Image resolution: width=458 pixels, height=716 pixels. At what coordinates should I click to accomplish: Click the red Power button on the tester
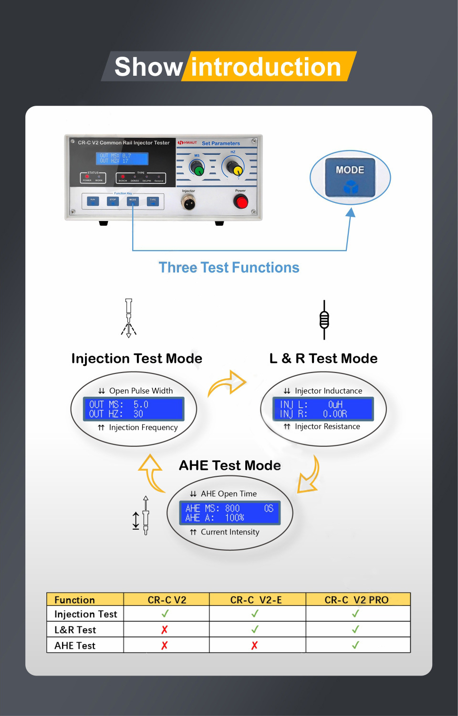[241, 202]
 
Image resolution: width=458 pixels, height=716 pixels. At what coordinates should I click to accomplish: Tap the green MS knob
[197, 168]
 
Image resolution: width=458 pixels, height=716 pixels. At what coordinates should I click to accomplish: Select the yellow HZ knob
[234, 168]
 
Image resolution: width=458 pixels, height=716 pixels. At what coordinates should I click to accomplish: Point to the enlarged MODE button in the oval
[350, 178]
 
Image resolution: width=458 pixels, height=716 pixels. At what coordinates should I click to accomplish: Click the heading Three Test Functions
[229, 268]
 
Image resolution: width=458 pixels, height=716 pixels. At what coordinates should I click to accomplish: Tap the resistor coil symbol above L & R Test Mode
[324, 320]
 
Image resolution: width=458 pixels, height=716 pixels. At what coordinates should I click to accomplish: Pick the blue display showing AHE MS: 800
[229, 513]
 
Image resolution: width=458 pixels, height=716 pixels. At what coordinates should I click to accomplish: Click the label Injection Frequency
[143, 428]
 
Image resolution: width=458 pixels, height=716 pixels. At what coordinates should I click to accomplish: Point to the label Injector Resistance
[327, 427]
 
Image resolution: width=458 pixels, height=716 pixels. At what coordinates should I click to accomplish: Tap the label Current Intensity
[230, 532]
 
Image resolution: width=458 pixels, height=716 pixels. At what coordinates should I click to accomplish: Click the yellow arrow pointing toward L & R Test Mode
[228, 383]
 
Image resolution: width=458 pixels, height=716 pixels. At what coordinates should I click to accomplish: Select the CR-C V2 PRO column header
[357, 600]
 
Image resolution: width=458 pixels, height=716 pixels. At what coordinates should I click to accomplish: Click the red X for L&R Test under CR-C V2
[165, 630]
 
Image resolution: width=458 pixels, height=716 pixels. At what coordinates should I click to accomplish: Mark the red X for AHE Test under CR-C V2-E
[255, 645]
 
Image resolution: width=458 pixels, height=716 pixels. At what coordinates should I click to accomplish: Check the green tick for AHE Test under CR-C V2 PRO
[355, 645]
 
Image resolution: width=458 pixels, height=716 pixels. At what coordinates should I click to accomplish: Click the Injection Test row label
[86, 614]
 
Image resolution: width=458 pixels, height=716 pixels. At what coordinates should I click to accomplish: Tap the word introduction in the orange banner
[266, 67]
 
